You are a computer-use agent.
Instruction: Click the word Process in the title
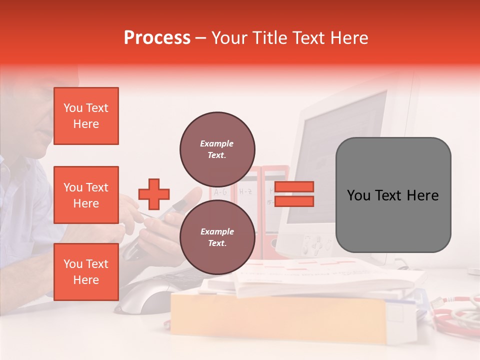[x=157, y=38]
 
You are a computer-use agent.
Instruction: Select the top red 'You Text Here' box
[x=86, y=116]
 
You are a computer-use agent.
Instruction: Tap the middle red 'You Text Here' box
[x=86, y=195]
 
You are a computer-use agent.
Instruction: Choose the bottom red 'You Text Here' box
[x=86, y=272]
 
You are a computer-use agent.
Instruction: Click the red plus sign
[x=154, y=194]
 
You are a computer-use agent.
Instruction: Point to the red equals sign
[x=294, y=194]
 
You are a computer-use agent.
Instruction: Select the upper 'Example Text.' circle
[x=217, y=149]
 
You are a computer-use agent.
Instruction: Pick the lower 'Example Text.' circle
[x=217, y=237]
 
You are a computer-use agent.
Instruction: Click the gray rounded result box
[x=393, y=195]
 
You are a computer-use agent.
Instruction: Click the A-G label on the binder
[x=220, y=192]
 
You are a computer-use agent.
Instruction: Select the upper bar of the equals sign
[x=294, y=187]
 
